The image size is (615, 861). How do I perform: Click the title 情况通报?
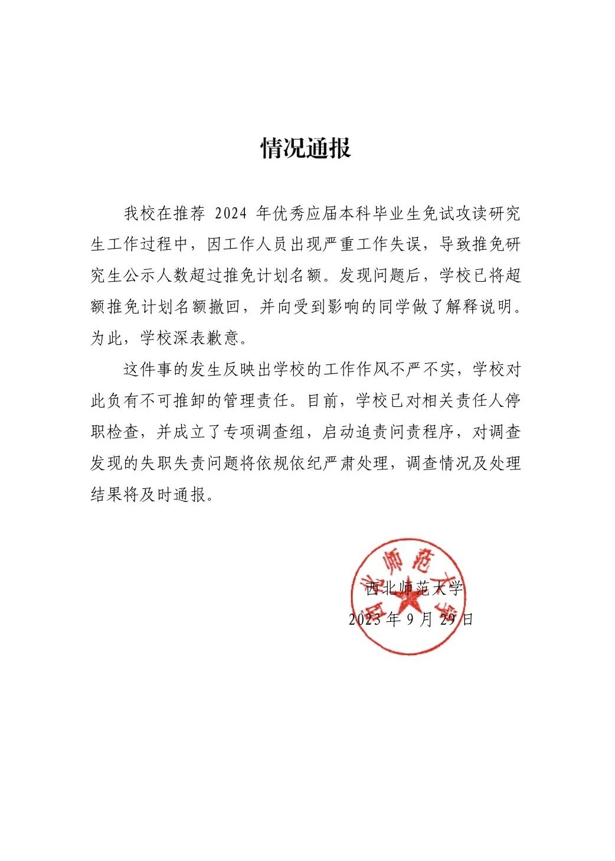click(x=306, y=148)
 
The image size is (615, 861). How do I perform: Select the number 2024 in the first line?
click(x=231, y=213)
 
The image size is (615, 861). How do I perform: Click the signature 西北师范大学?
click(x=414, y=588)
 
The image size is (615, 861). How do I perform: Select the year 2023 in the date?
click(x=365, y=619)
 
